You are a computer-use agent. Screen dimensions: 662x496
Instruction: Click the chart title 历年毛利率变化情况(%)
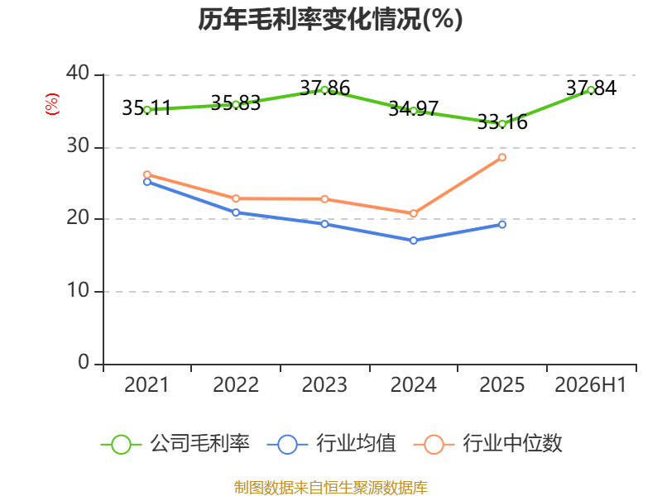click(x=330, y=19)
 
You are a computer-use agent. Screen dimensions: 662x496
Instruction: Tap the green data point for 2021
click(x=147, y=110)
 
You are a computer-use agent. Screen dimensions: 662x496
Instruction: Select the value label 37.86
click(x=324, y=88)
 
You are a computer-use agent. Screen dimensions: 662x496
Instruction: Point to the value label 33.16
click(x=502, y=122)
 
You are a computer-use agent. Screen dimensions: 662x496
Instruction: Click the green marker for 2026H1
click(x=591, y=90)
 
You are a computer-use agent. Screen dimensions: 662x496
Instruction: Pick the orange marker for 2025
click(x=502, y=157)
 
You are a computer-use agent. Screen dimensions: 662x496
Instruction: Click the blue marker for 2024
click(x=413, y=241)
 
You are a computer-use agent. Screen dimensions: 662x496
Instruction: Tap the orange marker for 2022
click(x=236, y=198)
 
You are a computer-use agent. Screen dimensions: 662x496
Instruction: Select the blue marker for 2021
click(x=147, y=182)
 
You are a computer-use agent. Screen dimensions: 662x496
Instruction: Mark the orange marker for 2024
click(x=413, y=213)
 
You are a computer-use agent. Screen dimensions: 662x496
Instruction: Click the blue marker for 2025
click(x=502, y=224)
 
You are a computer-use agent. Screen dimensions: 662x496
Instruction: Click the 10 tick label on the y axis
click(x=78, y=290)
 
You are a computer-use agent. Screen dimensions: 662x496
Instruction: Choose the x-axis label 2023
click(x=324, y=384)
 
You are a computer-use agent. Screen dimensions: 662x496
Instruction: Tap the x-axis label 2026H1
click(x=591, y=384)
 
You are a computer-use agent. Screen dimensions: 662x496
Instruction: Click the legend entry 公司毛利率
click(x=175, y=444)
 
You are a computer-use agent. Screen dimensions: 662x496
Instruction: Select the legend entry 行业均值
click(x=332, y=444)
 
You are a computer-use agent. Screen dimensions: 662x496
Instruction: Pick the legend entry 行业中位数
click(x=488, y=444)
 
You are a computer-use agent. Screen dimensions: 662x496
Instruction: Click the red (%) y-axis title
click(x=52, y=104)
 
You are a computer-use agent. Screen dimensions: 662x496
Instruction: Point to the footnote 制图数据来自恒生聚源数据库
click(x=331, y=488)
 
